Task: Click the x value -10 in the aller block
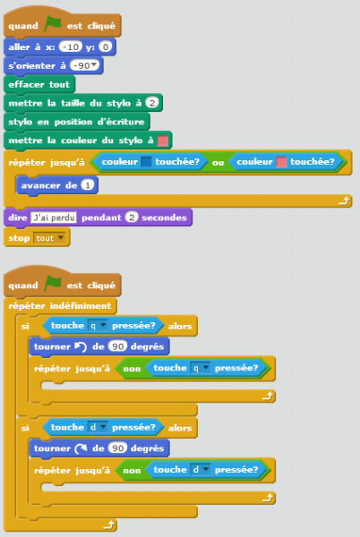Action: pos(71,47)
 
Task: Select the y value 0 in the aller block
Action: pos(105,47)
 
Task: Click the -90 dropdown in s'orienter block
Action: pos(84,65)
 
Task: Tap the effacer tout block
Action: pos(39,85)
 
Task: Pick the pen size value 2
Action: pos(151,103)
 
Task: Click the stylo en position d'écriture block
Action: pos(77,122)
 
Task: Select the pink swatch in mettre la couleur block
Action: pos(163,141)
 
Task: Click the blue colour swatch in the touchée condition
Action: pos(146,162)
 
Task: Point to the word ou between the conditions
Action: pos(218,162)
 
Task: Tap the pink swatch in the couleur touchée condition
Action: pos(281,162)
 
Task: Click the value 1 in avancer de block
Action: pos(88,185)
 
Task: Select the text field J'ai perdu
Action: pos(54,217)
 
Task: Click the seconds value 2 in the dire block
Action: pos(131,217)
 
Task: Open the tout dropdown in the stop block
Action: pos(48,238)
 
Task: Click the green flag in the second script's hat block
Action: pos(53,284)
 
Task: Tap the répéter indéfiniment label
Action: pos(60,305)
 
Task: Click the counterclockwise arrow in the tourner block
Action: pos(81,347)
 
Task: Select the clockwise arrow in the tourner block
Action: pos(81,448)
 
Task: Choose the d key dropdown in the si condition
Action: pos(98,428)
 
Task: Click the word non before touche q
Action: pos(132,369)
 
